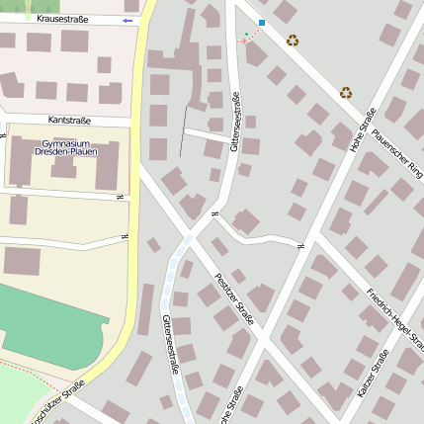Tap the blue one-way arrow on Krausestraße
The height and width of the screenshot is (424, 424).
pos(127,20)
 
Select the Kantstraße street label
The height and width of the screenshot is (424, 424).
pos(69,120)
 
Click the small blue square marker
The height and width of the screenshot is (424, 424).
pos(261,22)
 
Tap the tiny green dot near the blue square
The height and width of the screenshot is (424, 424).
pos(247,35)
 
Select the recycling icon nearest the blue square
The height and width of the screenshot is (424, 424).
pos(293,41)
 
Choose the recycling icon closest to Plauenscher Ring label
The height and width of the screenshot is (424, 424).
pos(346,92)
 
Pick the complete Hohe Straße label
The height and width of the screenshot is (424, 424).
pos(363,128)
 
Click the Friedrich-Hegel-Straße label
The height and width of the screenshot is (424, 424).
pos(395,318)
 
